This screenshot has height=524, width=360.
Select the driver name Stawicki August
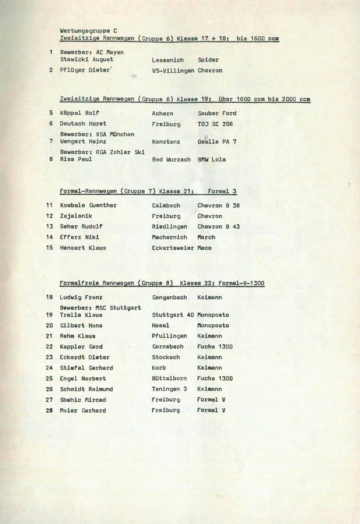click(x=86, y=59)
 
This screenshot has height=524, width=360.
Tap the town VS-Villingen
click(x=173, y=70)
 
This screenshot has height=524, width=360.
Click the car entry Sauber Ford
click(x=217, y=113)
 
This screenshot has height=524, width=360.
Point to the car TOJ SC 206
click(x=215, y=124)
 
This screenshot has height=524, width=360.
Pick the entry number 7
click(x=51, y=141)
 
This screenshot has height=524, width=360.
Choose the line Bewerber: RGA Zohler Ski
click(x=102, y=152)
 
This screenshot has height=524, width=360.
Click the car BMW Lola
click(x=212, y=159)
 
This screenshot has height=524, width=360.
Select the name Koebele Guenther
click(x=88, y=205)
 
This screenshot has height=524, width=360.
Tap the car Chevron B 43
click(x=218, y=227)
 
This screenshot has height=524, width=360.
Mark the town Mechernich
click(x=169, y=237)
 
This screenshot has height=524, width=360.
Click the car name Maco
click(x=204, y=248)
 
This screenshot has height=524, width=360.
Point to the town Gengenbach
click(x=169, y=297)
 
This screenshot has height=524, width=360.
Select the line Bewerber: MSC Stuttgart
click(x=100, y=307)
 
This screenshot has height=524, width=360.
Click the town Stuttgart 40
click(x=173, y=315)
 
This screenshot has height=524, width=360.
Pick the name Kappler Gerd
click(x=81, y=347)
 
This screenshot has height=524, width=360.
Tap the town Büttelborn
click(x=169, y=379)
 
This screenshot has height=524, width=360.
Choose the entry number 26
click(x=49, y=389)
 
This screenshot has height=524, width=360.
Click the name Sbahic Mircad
click(x=83, y=400)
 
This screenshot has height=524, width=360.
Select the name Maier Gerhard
click(x=83, y=410)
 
